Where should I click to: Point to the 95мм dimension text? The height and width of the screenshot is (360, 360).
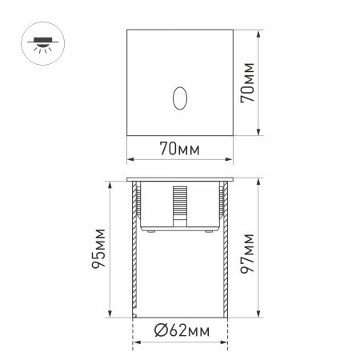click(98, 250)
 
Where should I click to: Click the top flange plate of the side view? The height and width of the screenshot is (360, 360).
click(179, 178)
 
